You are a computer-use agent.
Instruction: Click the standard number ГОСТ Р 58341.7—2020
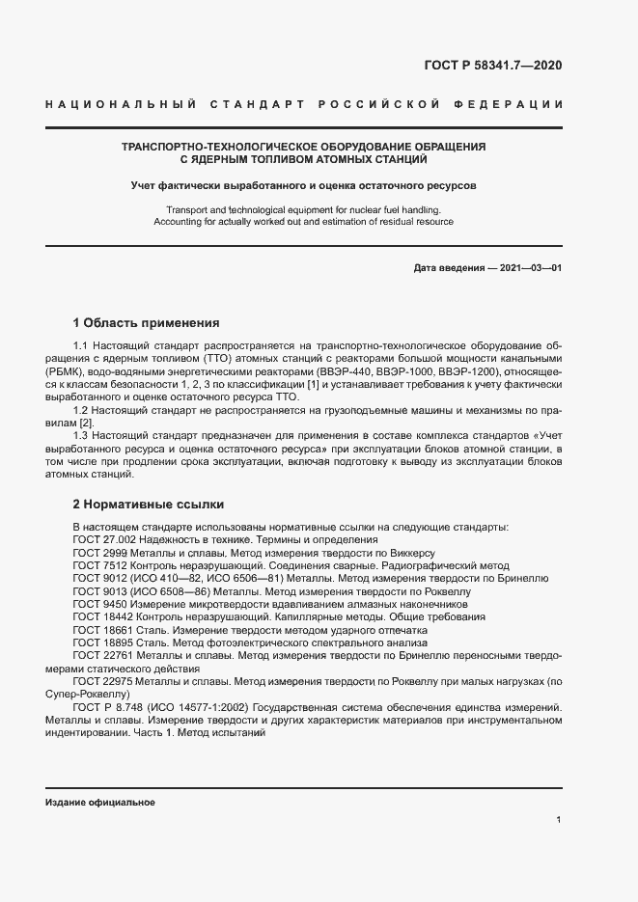492,67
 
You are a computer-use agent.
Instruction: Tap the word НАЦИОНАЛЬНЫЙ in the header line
121,103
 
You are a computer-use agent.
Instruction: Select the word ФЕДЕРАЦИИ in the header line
516,103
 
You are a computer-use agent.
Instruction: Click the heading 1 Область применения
147,322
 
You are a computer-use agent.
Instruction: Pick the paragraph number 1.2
82,410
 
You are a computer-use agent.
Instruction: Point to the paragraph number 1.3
82,436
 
